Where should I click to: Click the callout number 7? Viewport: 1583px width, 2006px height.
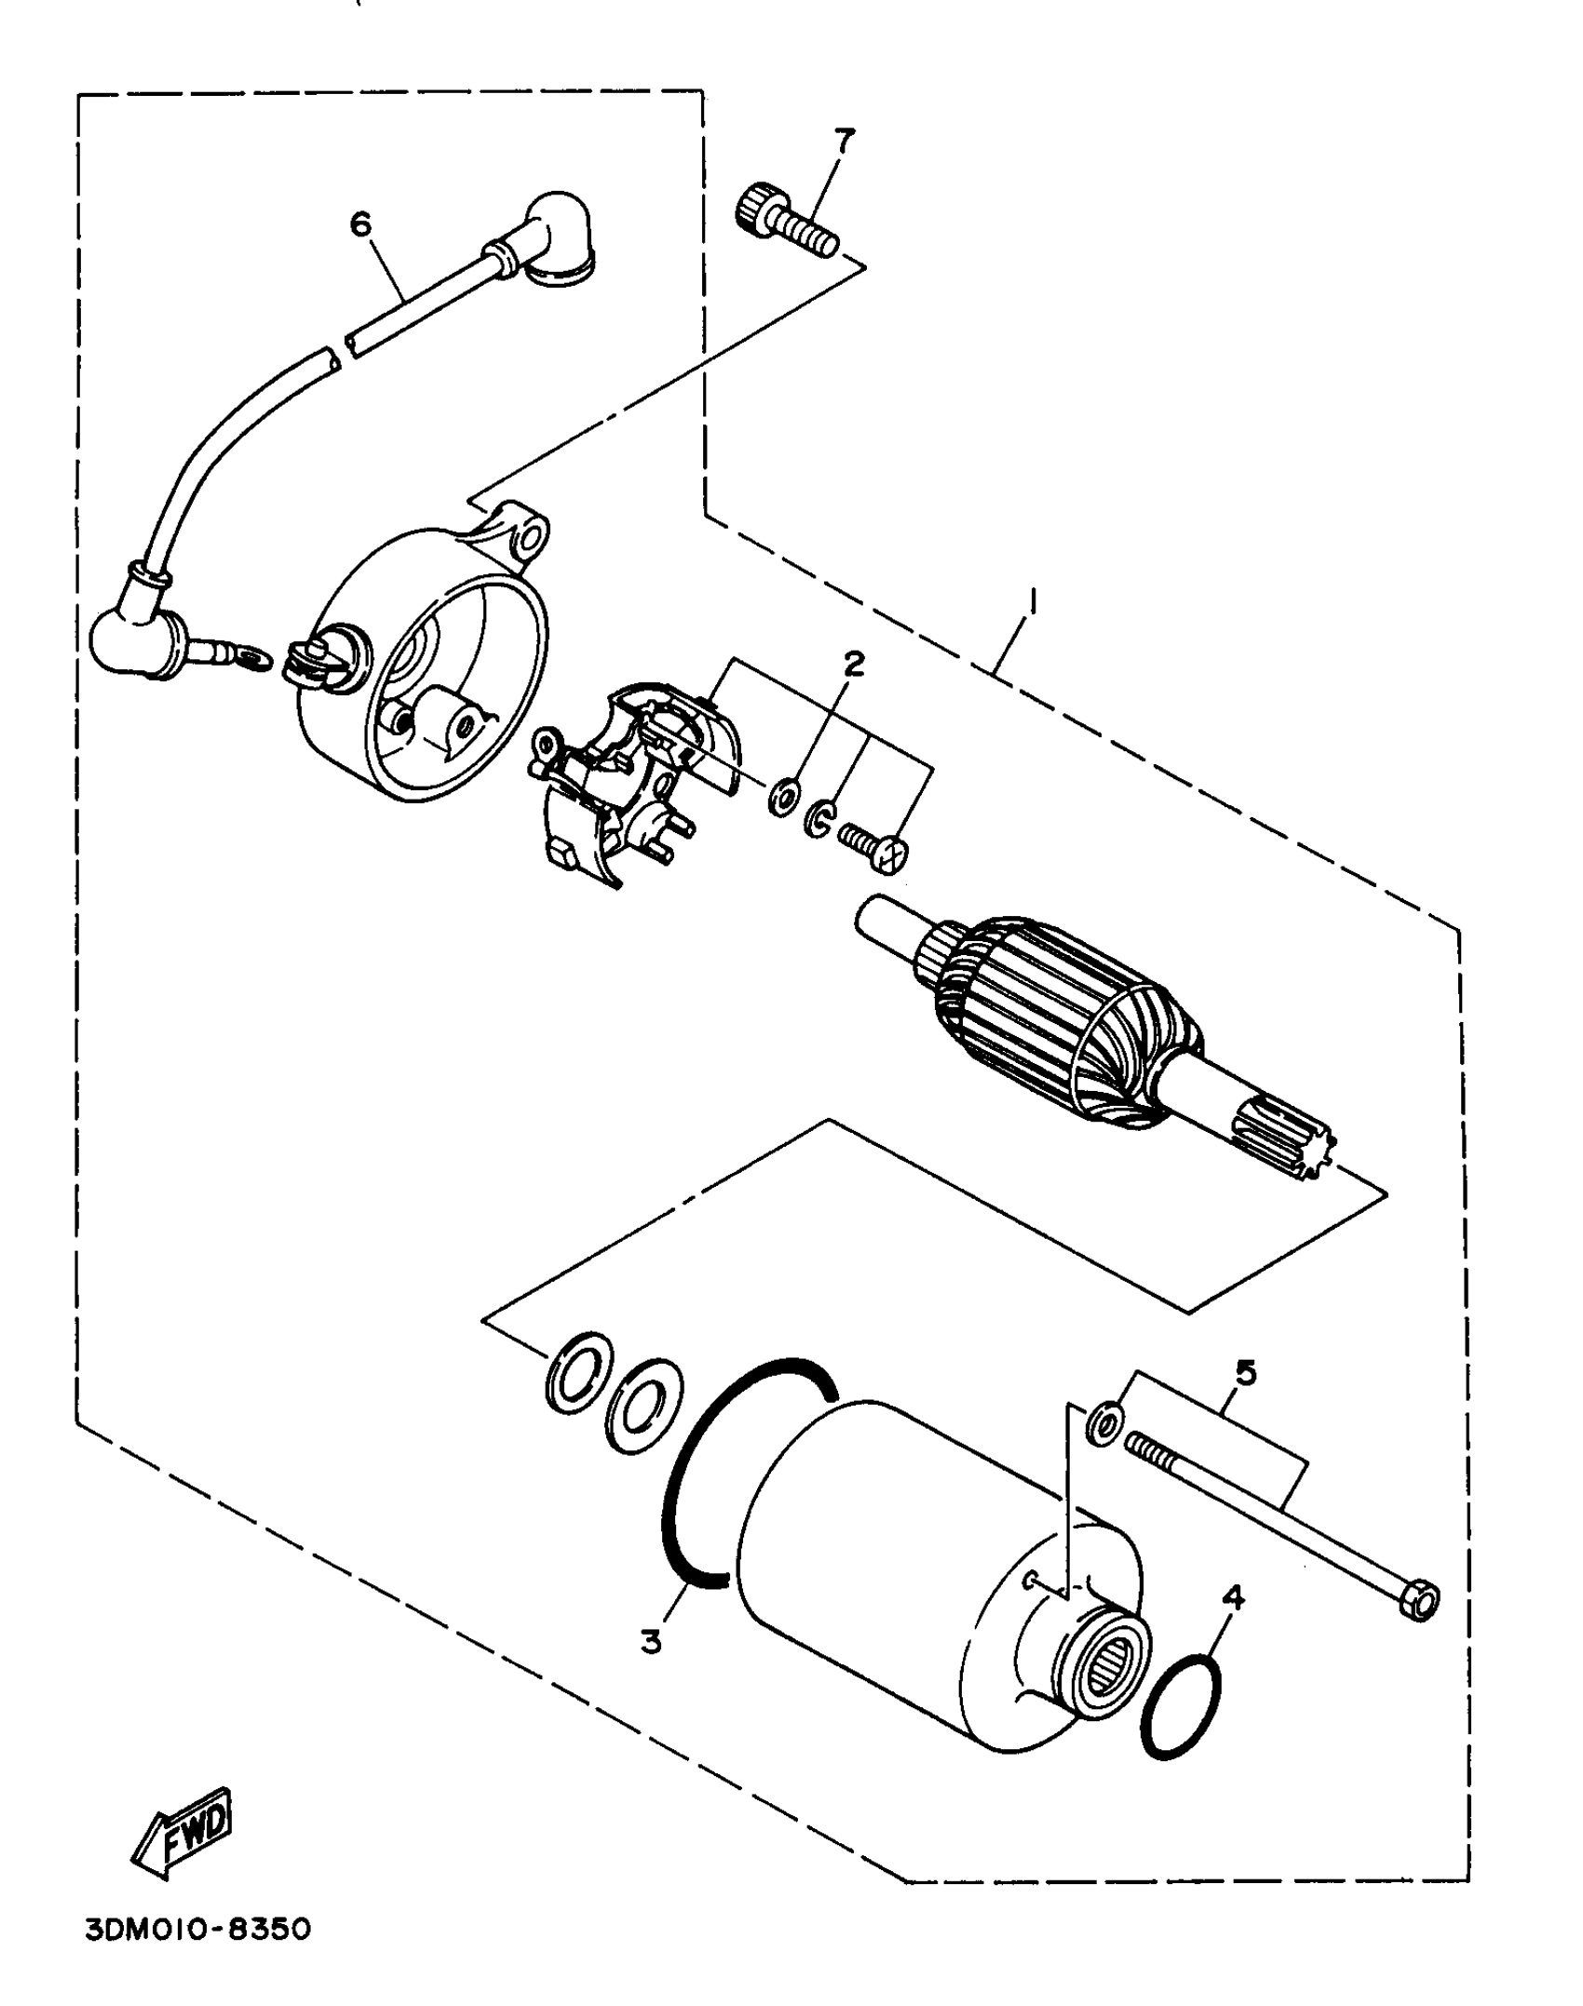coord(844,141)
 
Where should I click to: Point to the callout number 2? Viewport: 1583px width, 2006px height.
coord(853,664)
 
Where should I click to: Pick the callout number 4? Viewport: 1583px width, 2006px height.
coord(1233,1598)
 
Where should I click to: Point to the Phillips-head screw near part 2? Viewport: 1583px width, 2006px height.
coord(875,846)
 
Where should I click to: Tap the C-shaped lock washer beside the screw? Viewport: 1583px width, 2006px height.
coord(819,817)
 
